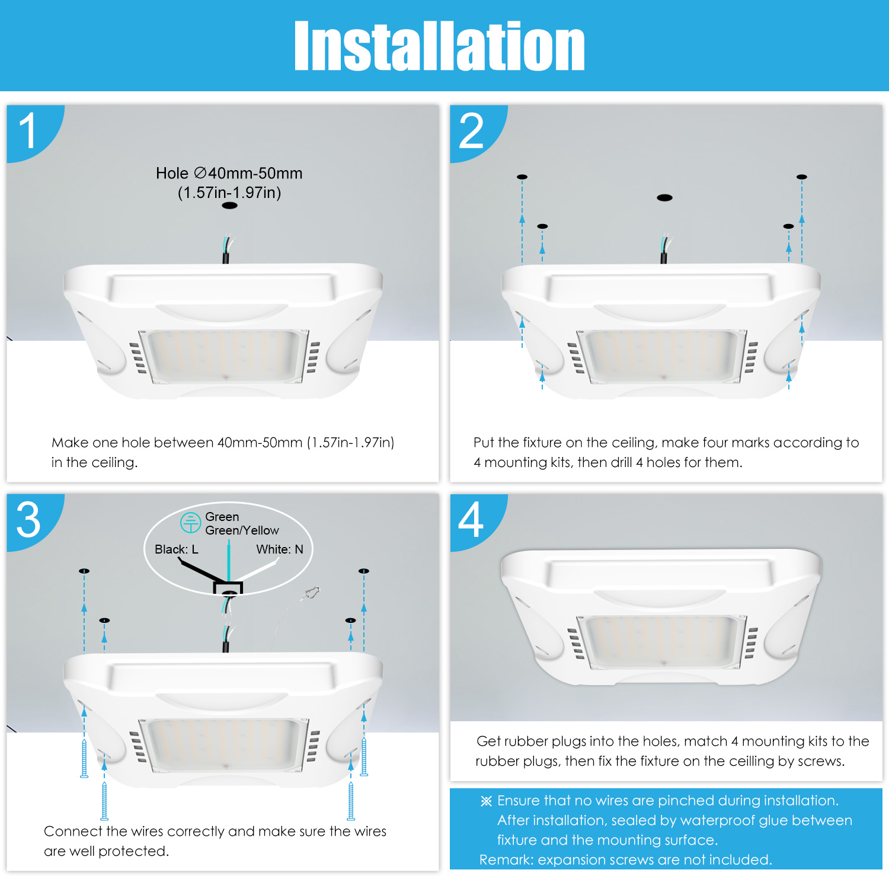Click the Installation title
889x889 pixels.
pos(439,46)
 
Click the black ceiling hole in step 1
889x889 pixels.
pos(229,206)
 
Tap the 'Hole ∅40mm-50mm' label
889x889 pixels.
pos(229,173)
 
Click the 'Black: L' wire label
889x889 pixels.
pos(177,549)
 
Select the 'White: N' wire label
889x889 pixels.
pos(280,549)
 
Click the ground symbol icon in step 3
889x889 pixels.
pos(190,523)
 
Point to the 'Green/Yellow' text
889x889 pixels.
pos(242,530)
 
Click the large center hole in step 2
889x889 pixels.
pos(664,197)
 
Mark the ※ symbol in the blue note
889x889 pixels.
pos(486,801)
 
